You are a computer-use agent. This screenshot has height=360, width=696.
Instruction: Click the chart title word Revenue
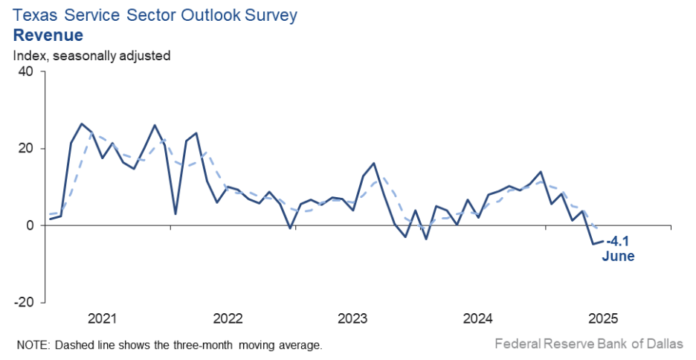tap(48, 35)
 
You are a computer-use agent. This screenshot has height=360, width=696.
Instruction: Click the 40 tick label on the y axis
tap(26, 72)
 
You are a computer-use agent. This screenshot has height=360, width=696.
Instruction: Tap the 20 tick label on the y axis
tap(26, 149)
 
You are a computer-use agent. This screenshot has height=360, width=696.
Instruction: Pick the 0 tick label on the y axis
tap(30, 225)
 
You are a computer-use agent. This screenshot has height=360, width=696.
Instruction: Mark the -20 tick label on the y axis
tap(24, 302)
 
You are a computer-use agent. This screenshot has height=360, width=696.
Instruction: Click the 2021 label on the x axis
tap(103, 319)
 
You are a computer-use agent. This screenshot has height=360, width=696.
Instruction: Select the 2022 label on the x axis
tap(228, 319)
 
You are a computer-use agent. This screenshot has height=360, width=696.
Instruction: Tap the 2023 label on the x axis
tap(352, 319)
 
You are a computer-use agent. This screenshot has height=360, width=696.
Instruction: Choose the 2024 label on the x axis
tap(478, 319)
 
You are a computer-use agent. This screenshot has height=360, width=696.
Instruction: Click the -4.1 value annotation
tap(619, 241)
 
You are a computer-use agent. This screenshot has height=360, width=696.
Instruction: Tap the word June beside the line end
tap(618, 256)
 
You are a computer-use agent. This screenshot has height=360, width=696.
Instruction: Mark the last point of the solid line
tap(603, 241)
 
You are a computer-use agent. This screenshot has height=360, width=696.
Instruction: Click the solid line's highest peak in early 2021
tap(82, 124)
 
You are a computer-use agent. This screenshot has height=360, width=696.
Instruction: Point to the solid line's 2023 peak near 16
tap(373, 163)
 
